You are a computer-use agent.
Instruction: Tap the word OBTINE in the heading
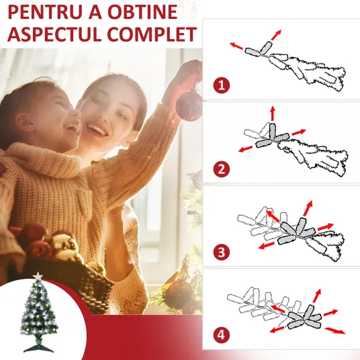pyautogui.click(x=142, y=11)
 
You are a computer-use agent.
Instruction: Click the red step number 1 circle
pyautogui.click(x=222, y=85)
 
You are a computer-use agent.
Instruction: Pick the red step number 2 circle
pyautogui.click(x=222, y=169)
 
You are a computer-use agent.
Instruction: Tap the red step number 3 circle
pyautogui.click(x=222, y=252)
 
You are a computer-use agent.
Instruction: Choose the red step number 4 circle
pyautogui.click(x=222, y=334)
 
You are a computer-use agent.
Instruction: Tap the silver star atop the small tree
pyautogui.click(x=38, y=276)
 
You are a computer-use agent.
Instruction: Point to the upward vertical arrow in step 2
pyautogui.click(x=273, y=114)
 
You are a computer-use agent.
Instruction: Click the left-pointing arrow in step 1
pyautogui.click(x=236, y=46)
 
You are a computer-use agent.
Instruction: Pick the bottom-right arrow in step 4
pyautogui.click(x=335, y=330)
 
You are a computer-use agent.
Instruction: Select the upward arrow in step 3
pyautogui.click(x=308, y=208)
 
